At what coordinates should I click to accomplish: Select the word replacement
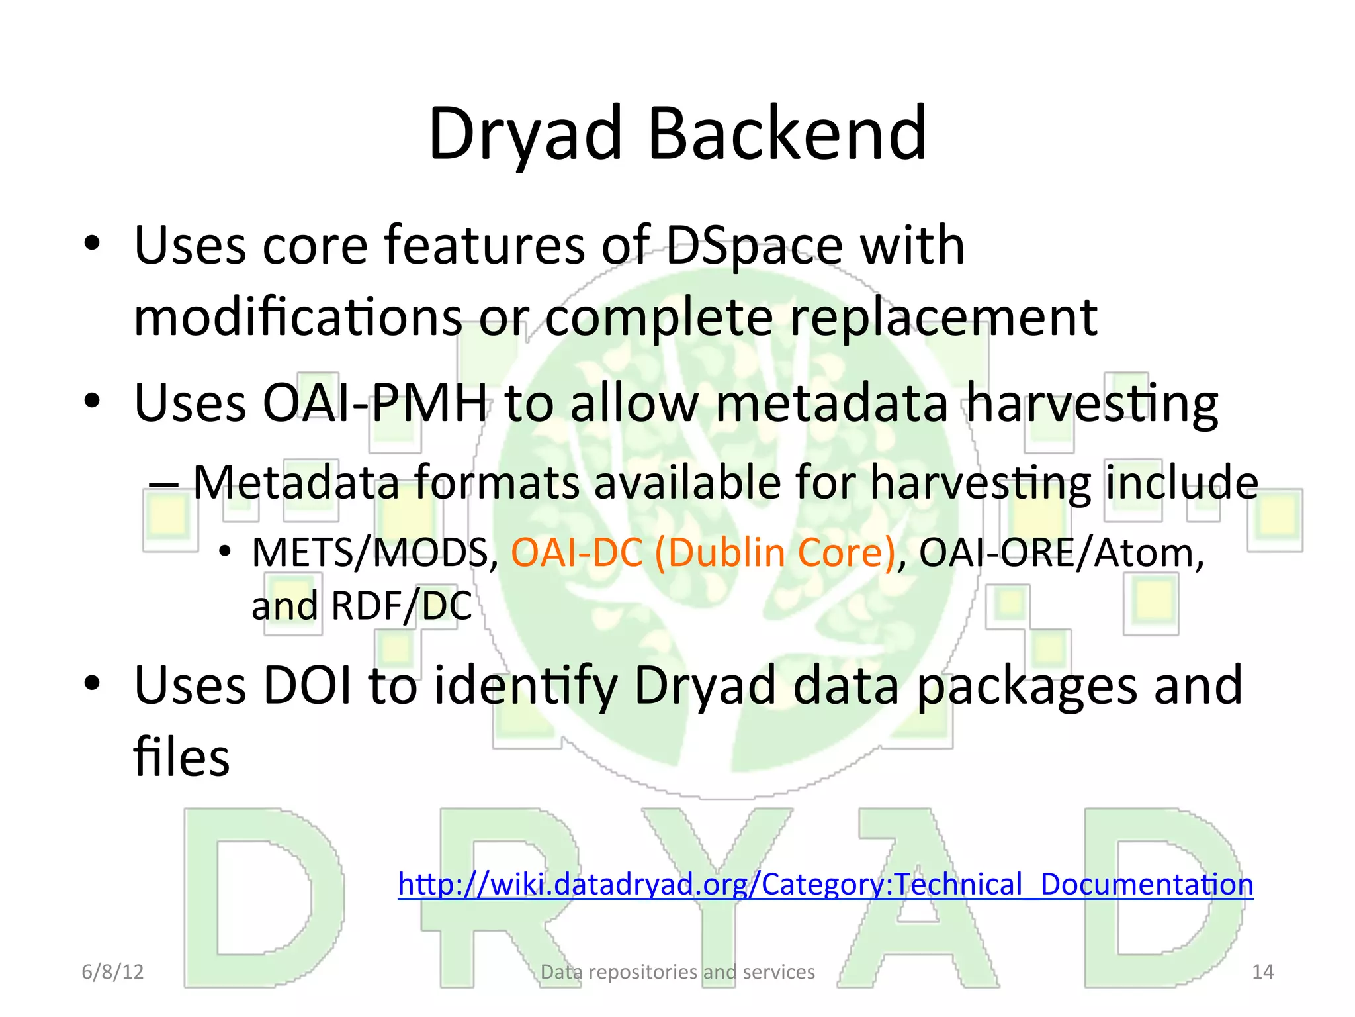943,318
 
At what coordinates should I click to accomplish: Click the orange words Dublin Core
774,553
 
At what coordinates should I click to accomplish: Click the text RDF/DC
401,606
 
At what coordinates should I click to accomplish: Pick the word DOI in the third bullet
308,686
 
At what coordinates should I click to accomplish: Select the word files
181,757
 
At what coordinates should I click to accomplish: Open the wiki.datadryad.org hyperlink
825,885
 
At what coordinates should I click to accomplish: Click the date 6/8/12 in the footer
112,972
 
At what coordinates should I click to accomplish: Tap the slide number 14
1262,972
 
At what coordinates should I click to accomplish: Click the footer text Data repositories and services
677,972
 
